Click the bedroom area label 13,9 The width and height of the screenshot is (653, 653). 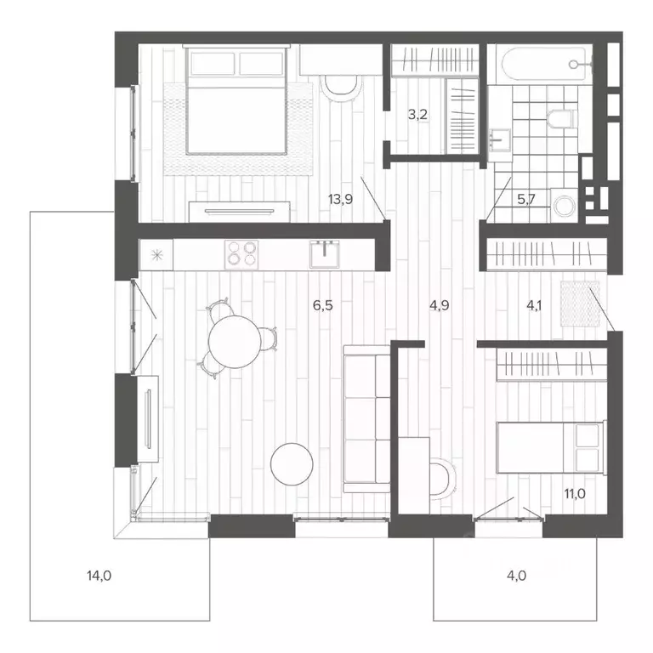click(340, 200)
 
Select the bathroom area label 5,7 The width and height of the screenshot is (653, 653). click(528, 200)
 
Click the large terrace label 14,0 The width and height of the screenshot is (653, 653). click(99, 576)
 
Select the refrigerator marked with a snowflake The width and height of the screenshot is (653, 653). click(156, 253)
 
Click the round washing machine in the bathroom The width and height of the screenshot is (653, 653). click(564, 204)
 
